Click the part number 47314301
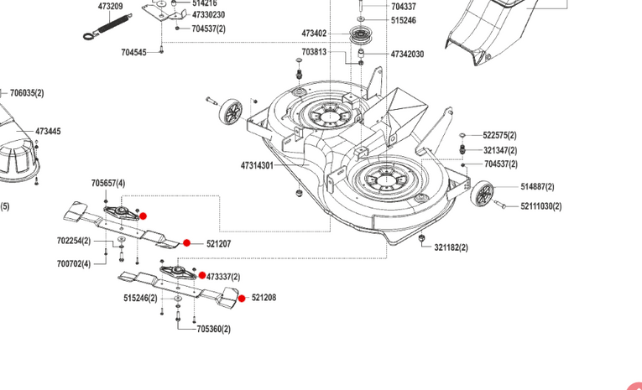click(257, 165)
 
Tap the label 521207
click(218, 244)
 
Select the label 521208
click(264, 298)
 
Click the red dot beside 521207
click(187, 243)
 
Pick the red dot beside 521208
click(242, 298)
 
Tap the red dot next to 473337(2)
click(202, 275)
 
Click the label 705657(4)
click(108, 183)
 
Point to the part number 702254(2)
click(74, 241)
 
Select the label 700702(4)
click(74, 263)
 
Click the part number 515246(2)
click(140, 298)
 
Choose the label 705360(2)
click(214, 329)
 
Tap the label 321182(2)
click(451, 247)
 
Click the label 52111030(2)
click(541, 205)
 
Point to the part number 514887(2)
click(538, 186)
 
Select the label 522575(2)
click(500, 135)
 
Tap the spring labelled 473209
click(99, 29)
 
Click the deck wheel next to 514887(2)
click(483, 194)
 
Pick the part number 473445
click(48, 132)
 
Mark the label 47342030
click(407, 54)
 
